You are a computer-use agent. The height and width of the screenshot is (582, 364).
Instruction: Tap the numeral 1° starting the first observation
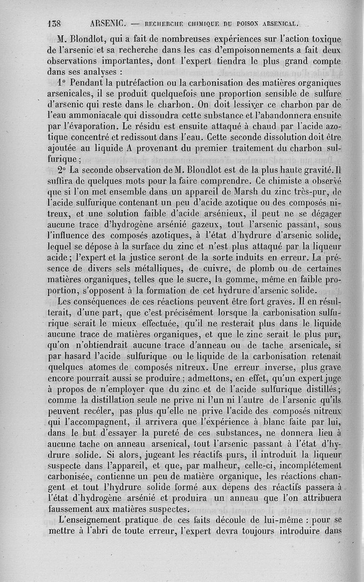pyautogui.click(x=64, y=83)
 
